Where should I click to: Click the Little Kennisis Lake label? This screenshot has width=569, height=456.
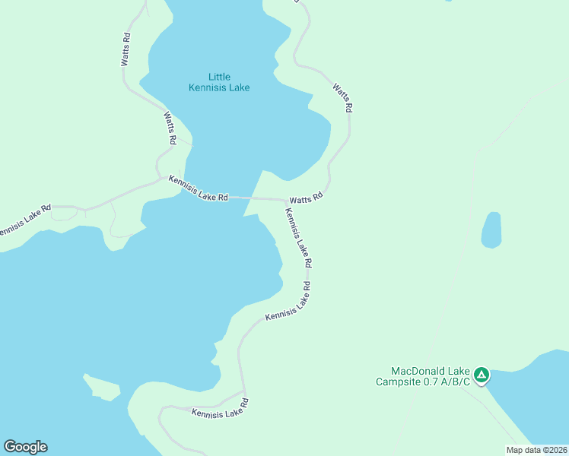tap(219, 82)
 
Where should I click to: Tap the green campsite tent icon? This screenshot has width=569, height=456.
tap(481, 375)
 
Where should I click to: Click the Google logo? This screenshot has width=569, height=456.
tap(25, 447)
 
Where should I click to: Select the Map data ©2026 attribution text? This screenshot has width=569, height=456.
tap(536, 450)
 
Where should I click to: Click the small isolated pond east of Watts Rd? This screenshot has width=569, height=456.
tap(491, 230)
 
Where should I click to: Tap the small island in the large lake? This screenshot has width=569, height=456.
tap(103, 387)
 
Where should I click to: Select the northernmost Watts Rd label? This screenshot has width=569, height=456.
tap(126, 49)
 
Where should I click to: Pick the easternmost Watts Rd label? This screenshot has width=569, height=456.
tap(342, 98)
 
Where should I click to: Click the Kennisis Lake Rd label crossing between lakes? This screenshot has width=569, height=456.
tap(199, 188)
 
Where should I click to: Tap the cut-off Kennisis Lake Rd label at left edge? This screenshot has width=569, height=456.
tap(25, 220)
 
